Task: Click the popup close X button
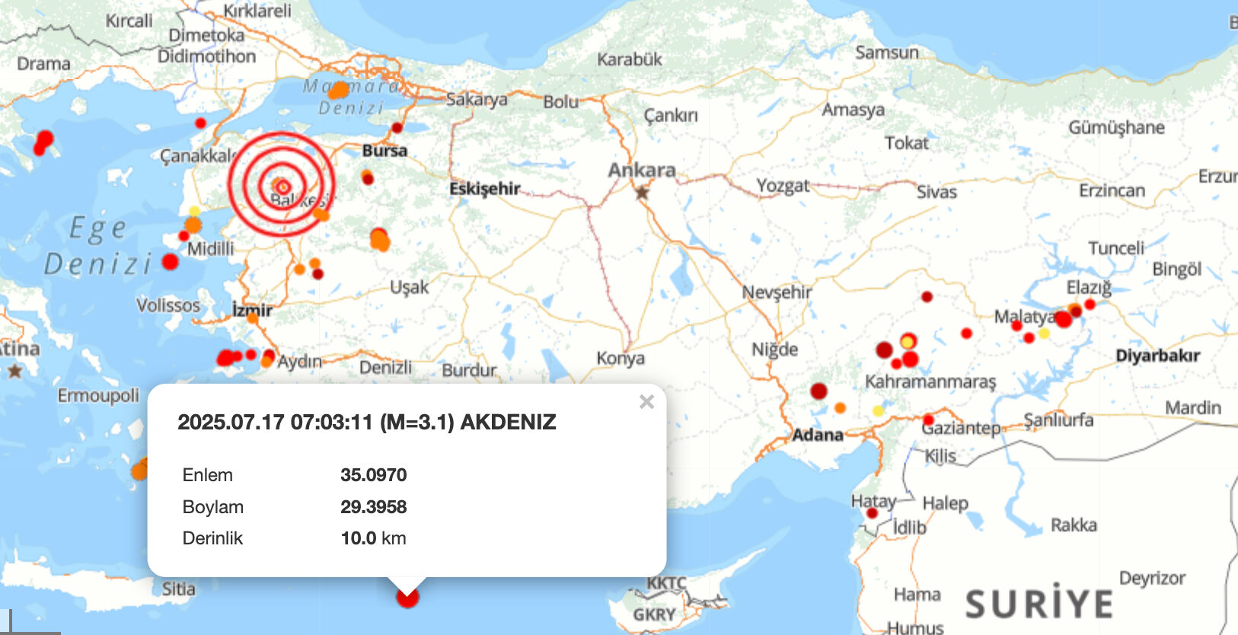[646, 401]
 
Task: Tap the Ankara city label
[641, 170]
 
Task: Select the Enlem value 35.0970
[373, 475]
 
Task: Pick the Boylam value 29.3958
[373, 507]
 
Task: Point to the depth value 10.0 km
[373, 538]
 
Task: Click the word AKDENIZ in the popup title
[508, 423]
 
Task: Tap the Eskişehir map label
[484, 188]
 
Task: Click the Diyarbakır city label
[1157, 356]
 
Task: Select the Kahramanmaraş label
[930, 381]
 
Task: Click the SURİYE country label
[1039, 604]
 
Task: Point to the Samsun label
[886, 53]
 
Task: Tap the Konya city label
[620, 358]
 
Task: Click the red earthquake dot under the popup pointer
[408, 598]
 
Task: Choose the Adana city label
[817, 435]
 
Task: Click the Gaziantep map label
[962, 428]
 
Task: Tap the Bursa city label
[384, 151]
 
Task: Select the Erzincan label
[1112, 190]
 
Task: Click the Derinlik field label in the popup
[212, 538]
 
